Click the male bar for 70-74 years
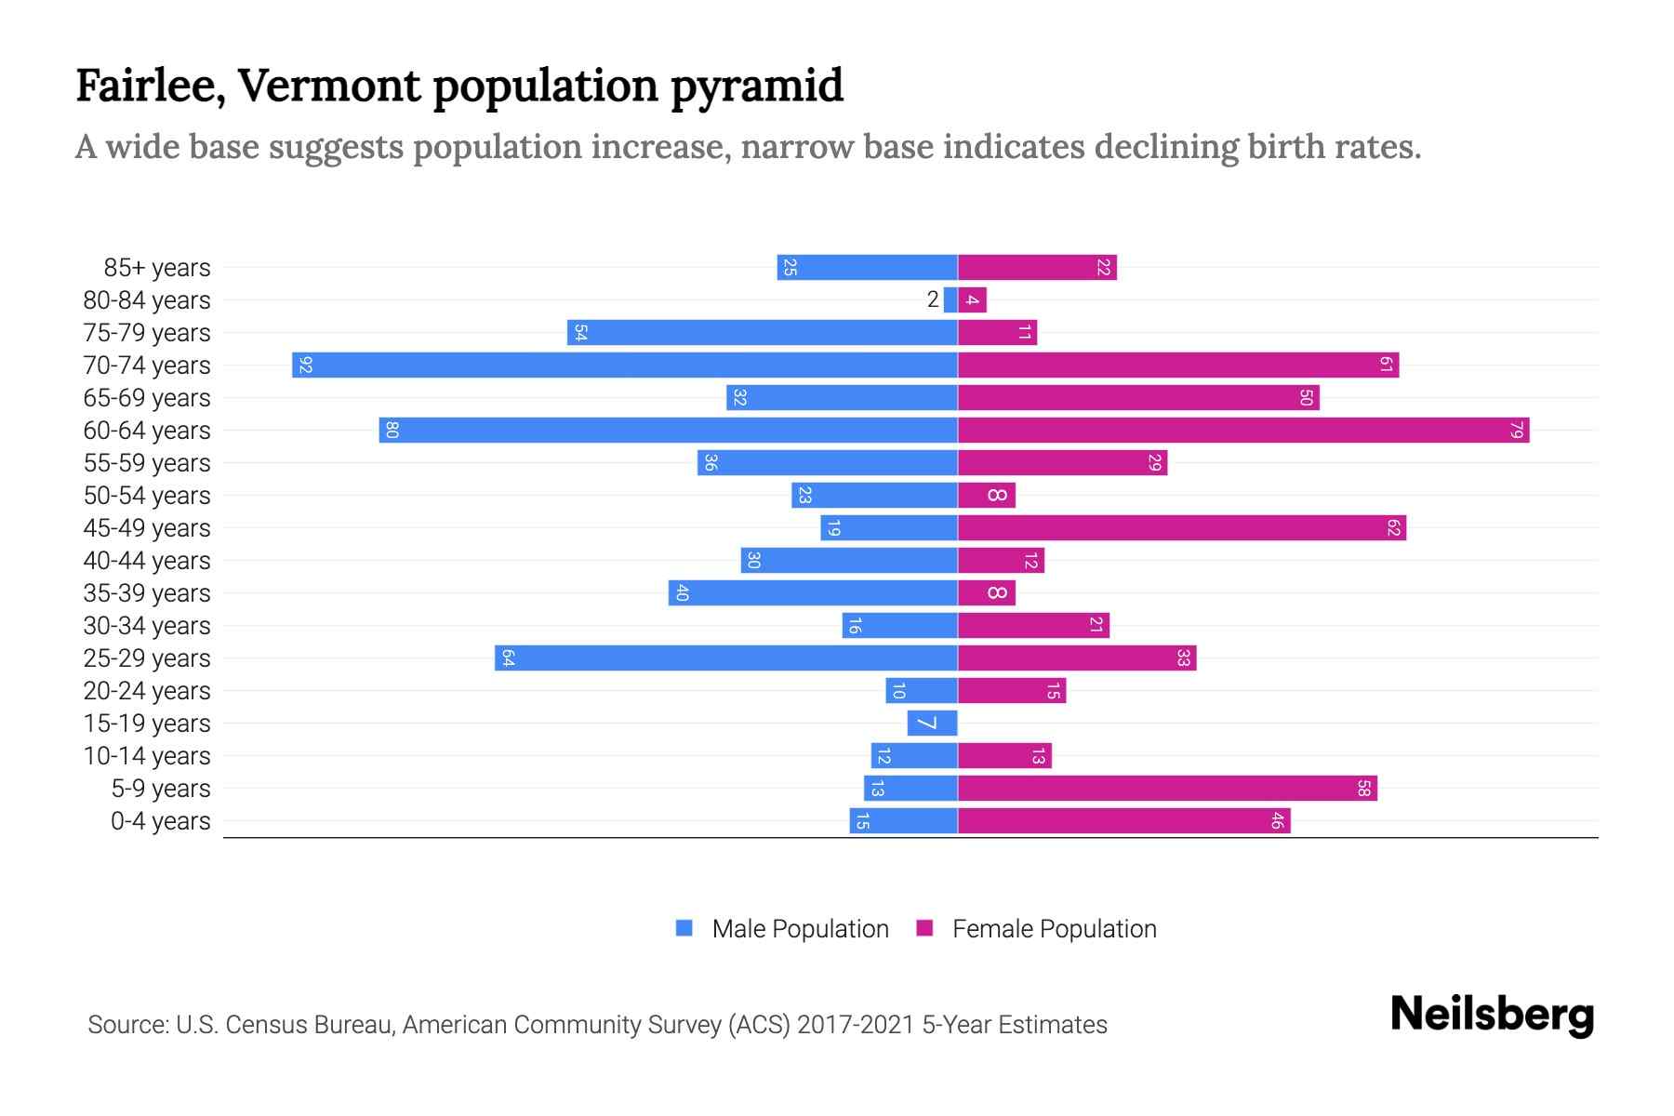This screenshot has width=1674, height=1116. [x=625, y=365]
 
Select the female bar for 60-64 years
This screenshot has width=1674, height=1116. [x=1243, y=431]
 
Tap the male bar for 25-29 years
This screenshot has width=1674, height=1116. [x=726, y=658]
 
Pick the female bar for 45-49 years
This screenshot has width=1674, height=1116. [x=1182, y=528]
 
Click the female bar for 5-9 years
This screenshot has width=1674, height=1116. [x=1167, y=789]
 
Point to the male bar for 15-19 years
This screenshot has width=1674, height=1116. [x=933, y=724]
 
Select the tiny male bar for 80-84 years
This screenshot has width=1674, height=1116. [x=950, y=300]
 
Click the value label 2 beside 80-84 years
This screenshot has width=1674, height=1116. [x=933, y=299]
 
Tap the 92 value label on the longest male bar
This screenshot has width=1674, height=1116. [x=305, y=365]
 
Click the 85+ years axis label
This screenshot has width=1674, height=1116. [x=157, y=268]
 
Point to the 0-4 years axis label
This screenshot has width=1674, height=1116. [x=161, y=821]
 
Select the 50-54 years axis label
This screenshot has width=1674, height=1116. [x=147, y=496]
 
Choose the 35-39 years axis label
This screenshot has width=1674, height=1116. [x=147, y=593]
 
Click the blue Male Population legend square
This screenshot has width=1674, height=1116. [x=684, y=928]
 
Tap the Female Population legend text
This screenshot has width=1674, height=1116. [x=1055, y=929]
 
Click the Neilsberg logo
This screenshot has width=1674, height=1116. [x=1492, y=1015]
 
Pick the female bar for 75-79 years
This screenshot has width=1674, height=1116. [x=998, y=333]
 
